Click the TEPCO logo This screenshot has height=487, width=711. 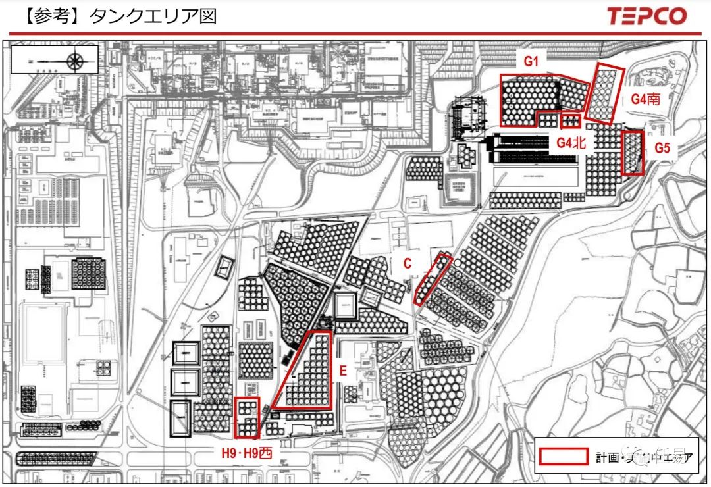point(646,16)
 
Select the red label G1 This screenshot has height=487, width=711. point(531,63)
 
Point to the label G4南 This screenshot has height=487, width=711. point(646,99)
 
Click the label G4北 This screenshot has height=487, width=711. point(571,142)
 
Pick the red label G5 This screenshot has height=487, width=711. point(662,149)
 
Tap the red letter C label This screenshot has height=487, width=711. point(408,263)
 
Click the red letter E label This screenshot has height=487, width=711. point(342,371)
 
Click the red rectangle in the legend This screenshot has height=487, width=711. point(563,456)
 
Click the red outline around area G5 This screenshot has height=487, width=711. point(633,153)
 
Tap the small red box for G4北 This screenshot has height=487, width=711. point(570,121)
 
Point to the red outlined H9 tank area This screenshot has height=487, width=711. point(248,417)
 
